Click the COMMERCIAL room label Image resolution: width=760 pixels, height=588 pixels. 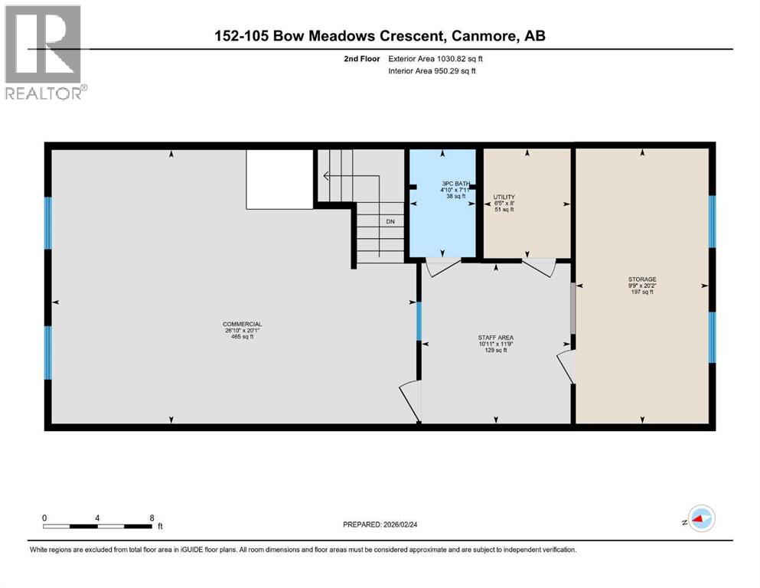pyautogui.click(x=242, y=325)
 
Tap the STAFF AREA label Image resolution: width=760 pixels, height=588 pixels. pyautogui.click(x=495, y=337)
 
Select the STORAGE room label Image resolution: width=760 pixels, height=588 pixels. pyautogui.click(x=641, y=279)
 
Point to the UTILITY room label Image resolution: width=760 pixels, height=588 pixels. pyautogui.click(x=504, y=197)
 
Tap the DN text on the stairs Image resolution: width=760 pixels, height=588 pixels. pyautogui.click(x=390, y=223)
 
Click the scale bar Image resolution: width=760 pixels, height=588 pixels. pyautogui.click(x=97, y=526)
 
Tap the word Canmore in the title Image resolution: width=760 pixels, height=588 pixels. pyautogui.click(x=481, y=35)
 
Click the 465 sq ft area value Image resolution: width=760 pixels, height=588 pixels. pyautogui.click(x=242, y=338)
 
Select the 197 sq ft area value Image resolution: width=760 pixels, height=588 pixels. pyautogui.click(x=641, y=292)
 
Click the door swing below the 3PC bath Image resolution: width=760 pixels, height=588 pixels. pyautogui.click(x=442, y=268)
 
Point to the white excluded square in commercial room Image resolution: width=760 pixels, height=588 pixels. pyautogui.click(x=279, y=178)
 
